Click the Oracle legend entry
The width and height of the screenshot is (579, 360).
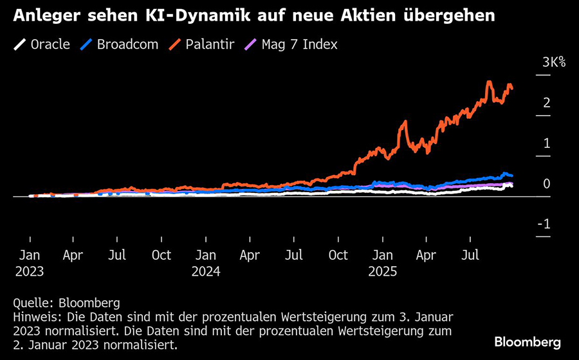coord(42,45)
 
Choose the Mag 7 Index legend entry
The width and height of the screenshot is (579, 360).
coord(290,45)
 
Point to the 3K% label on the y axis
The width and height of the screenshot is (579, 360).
coord(553,62)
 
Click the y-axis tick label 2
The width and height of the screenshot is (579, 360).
coord(546,103)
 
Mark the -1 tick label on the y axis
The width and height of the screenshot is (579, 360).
coord(544,224)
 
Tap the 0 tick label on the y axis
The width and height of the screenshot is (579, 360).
coord(546,184)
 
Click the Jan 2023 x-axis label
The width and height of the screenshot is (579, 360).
coord(30,263)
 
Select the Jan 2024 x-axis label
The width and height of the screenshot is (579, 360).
coord(206,263)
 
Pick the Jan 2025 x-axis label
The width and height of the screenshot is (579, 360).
coord(383,263)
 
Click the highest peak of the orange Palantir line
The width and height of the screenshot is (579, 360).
coord(490,82)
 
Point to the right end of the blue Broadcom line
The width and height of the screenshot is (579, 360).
coord(512,175)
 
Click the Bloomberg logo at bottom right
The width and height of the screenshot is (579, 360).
coord(528,342)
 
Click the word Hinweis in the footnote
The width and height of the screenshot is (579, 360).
coord(33,317)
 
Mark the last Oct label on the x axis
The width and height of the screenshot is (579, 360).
coord(338,255)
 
